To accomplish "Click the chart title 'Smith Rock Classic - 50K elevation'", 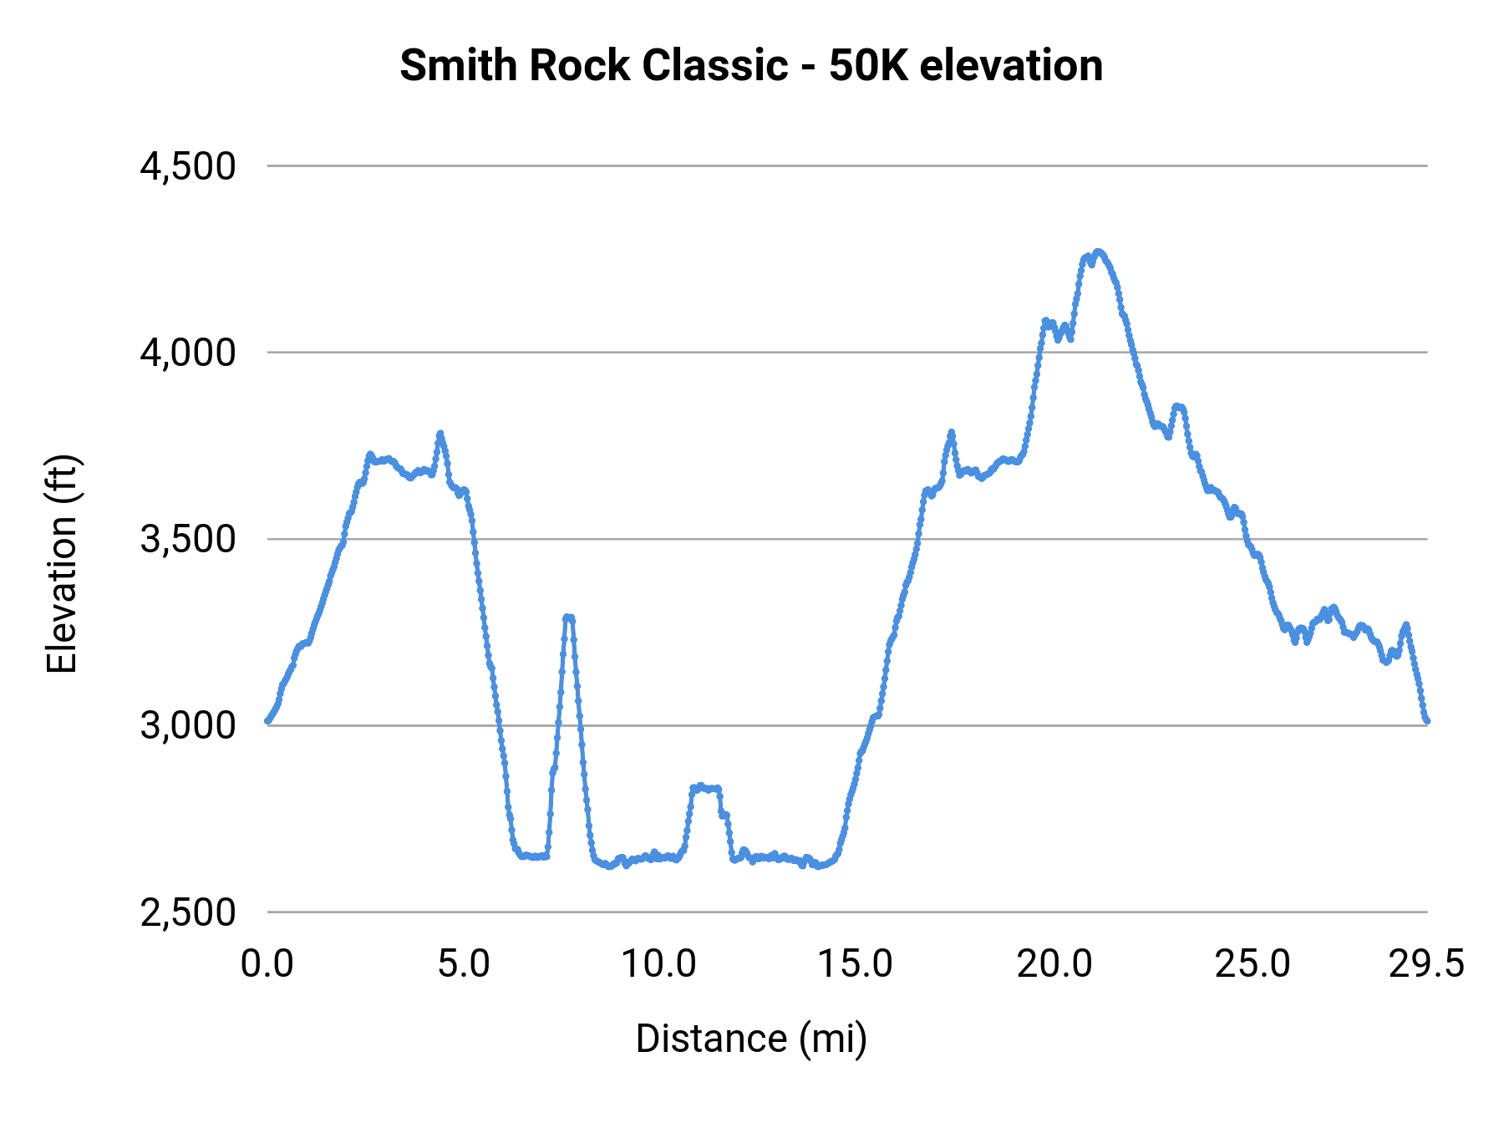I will [x=751, y=65].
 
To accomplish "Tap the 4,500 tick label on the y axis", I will [x=188, y=166].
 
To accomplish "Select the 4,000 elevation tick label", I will [x=188, y=353].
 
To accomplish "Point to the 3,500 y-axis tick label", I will [x=188, y=539].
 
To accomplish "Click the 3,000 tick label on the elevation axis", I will [x=188, y=725].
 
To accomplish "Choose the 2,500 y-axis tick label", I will [x=188, y=912].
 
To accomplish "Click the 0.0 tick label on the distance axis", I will [x=267, y=964].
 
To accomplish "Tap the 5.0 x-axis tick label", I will [x=465, y=964].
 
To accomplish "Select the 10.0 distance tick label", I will [x=658, y=964].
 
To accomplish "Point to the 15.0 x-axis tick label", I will [x=856, y=964].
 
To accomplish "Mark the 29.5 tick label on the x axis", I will [x=1426, y=964].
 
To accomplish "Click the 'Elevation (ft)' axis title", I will [x=62, y=564].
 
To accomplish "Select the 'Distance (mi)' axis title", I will [x=751, y=1039].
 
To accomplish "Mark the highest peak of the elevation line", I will [x=1099, y=252].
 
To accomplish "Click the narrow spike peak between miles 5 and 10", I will [x=568, y=617].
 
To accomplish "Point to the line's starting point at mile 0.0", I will [x=267, y=720].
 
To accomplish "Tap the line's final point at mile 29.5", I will [x=1427, y=720].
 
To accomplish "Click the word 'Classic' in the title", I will [x=714, y=65].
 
